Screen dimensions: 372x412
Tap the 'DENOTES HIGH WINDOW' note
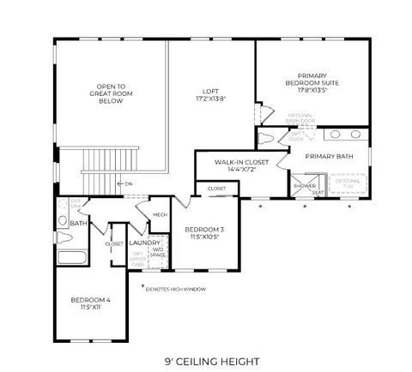(176, 289)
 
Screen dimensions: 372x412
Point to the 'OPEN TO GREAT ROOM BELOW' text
(110, 93)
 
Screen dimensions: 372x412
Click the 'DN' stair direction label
(129, 183)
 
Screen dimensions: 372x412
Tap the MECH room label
(160, 215)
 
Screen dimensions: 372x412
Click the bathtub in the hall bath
(72, 257)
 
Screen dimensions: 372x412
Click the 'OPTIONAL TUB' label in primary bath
(348, 183)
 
